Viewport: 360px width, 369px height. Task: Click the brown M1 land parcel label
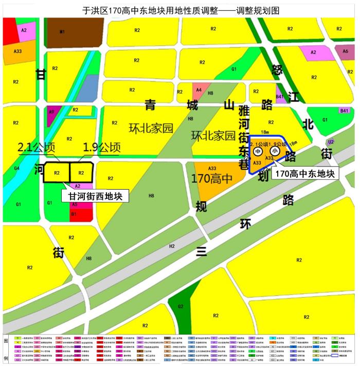tap(62, 32)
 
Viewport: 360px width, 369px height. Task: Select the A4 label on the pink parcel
tap(199, 90)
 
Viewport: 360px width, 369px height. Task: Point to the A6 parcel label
tap(345, 51)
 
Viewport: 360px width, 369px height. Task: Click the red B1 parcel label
tap(74, 213)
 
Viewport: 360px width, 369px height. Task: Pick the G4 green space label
tap(16, 169)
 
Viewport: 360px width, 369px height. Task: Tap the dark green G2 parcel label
tap(181, 307)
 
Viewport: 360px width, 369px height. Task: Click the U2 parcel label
tap(331, 141)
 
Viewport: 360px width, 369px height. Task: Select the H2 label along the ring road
tap(172, 246)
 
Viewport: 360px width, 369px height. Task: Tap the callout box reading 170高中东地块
tap(305, 174)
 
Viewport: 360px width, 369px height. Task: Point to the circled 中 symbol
tap(258, 152)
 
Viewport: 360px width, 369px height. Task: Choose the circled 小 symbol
tap(275, 151)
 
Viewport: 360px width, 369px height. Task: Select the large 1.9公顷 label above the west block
tap(102, 147)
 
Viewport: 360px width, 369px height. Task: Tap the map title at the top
tap(179, 10)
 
